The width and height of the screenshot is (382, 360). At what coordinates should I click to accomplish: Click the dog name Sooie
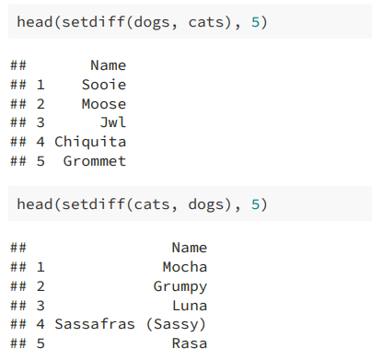(104, 85)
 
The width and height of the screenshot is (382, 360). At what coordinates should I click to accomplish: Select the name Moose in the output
(104, 104)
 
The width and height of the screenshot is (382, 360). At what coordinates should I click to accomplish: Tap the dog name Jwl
(113, 122)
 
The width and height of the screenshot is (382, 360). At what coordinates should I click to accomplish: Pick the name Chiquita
(90, 142)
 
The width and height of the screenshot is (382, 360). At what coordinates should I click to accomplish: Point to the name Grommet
(95, 161)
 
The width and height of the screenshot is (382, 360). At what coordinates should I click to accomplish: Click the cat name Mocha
(185, 267)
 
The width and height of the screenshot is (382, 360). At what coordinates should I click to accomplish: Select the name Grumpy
(180, 287)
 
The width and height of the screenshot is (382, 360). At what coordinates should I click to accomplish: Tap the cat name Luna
(190, 306)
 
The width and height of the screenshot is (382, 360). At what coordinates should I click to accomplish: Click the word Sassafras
(95, 324)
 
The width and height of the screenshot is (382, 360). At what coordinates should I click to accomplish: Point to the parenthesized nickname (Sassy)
(176, 325)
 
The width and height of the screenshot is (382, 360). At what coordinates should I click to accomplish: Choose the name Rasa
(190, 343)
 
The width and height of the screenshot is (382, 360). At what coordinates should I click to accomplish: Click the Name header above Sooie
(109, 65)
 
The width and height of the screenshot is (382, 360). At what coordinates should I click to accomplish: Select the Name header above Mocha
(190, 248)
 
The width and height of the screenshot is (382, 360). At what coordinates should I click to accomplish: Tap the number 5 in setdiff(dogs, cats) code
(255, 22)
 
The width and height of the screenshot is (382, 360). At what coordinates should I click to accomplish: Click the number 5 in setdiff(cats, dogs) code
(255, 204)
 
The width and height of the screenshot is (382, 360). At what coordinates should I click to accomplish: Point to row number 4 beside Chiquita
(41, 142)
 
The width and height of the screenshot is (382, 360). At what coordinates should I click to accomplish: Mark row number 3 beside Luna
(41, 306)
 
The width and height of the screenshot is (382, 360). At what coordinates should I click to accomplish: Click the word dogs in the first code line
(152, 23)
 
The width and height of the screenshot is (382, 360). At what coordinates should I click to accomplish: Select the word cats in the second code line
(152, 204)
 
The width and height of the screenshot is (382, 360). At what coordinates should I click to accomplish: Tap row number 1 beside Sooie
(41, 85)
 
